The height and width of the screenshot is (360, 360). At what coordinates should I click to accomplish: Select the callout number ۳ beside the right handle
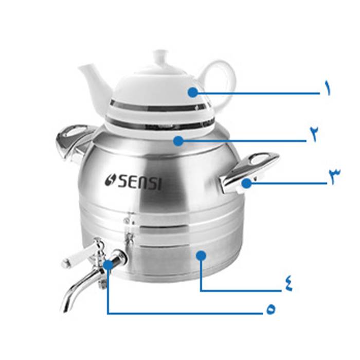334,175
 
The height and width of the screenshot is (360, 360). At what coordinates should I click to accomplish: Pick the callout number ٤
288,284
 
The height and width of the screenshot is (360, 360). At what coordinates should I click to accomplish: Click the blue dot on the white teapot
193,92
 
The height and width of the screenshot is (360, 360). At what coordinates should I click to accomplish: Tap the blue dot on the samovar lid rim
178,141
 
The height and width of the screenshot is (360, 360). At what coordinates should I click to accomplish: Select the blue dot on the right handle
246,184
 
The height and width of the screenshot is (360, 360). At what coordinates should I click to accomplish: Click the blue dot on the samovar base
202,255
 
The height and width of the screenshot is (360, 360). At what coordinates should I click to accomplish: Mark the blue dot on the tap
108,264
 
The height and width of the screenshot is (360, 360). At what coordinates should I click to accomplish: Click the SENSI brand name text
139,182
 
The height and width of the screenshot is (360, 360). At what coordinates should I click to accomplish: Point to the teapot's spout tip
80,67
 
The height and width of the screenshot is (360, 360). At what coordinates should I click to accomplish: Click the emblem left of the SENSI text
110,180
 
